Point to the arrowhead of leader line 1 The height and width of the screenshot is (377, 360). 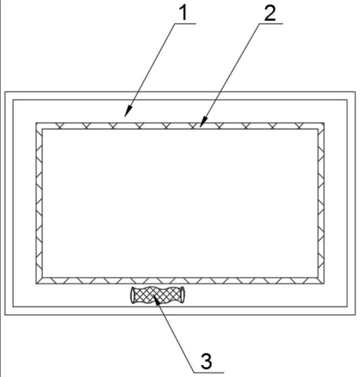(x=126, y=114)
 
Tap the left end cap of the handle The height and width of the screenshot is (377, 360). (x=132, y=295)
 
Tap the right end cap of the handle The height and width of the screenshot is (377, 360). (x=185, y=295)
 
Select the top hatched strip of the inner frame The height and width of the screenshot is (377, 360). (x=180, y=126)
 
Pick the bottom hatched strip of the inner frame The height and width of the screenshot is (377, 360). (x=180, y=281)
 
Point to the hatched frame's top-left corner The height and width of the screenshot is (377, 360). (x=37, y=124)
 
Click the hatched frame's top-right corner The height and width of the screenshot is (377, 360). (x=323, y=124)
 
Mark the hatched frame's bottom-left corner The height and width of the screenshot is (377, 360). (x=37, y=283)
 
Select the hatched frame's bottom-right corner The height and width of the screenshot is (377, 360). (x=323, y=283)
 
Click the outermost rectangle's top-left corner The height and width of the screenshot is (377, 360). (x=6, y=92)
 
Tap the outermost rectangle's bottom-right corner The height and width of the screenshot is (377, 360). (x=355, y=315)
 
